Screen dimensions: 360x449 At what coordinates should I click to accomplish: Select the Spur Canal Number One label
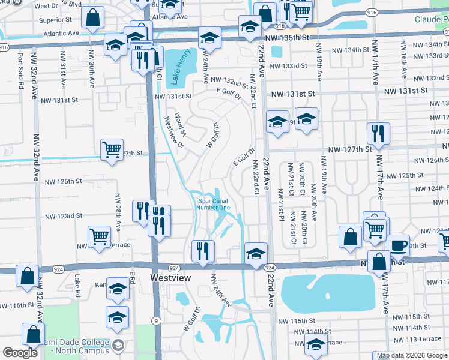(213, 204)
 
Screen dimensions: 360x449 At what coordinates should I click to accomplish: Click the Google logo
(20, 353)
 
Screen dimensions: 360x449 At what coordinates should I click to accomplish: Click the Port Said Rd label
(20, 71)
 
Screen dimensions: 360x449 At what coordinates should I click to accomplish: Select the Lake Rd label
(77, 286)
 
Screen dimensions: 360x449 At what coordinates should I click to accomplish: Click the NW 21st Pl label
(281, 214)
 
